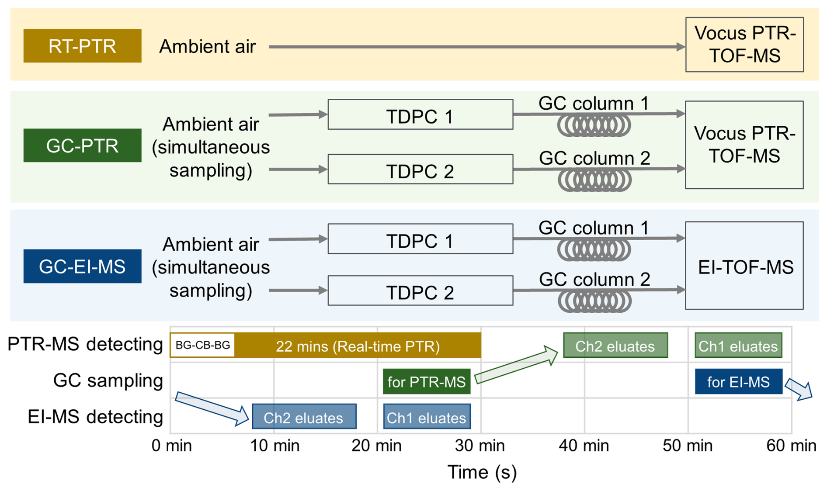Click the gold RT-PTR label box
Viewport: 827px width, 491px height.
coord(82,46)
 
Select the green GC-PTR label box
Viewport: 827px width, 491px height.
coord(82,145)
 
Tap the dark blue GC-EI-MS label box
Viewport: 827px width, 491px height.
coord(82,266)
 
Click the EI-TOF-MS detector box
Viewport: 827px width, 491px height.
coord(744,266)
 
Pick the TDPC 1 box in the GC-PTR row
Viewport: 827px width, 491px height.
coord(420,114)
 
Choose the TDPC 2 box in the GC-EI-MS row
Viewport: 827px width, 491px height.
coord(420,290)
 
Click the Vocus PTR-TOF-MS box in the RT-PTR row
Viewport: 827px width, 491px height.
coord(744,45)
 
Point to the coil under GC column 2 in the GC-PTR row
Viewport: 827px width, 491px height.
coord(594,180)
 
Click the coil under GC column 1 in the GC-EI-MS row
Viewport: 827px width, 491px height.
coord(594,250)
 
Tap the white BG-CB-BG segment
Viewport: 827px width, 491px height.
coord(202,345)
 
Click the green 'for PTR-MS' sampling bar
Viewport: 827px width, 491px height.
coord(427,382)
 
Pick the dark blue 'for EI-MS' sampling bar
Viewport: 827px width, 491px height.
coord(739,382)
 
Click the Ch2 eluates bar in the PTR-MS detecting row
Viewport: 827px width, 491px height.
coord(615,346)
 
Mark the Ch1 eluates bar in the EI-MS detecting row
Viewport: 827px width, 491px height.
coord(427,417)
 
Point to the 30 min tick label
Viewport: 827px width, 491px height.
coord(480,446)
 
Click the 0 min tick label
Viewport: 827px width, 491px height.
coord(172,446)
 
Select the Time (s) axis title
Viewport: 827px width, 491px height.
coord(482,472)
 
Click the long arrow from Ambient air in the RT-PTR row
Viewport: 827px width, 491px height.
coord(477,47)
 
